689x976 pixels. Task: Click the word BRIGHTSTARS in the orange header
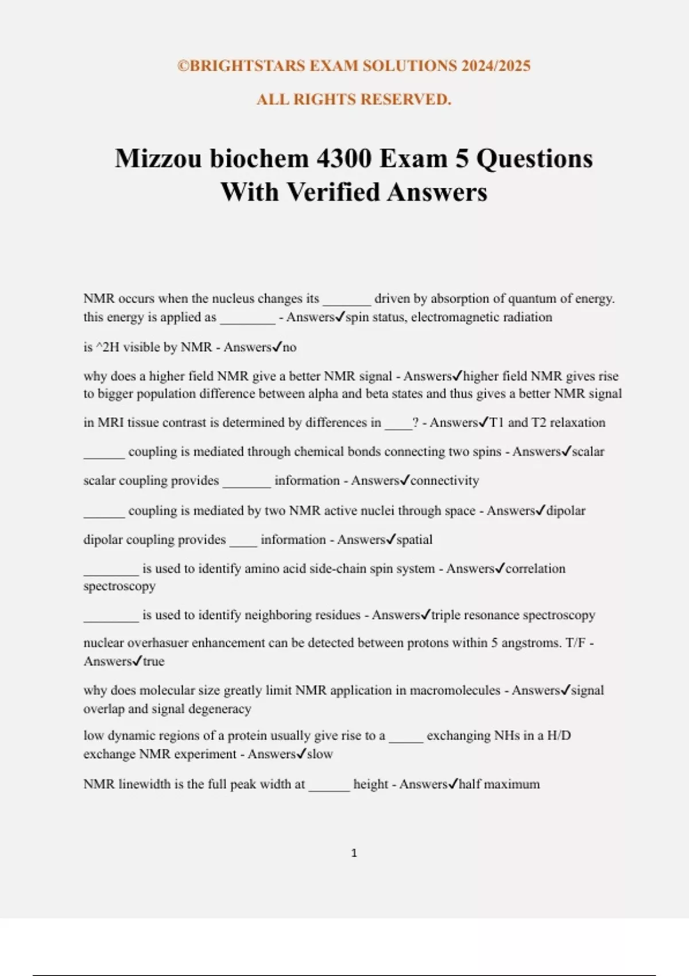click(x=247, y=66)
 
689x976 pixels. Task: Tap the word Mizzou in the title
click(x=158, y=159)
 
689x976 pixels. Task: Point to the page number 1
click(x=354, y=853)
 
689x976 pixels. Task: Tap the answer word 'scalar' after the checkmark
click(x=589, y=452)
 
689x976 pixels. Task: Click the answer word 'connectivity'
click(x=444, y=481)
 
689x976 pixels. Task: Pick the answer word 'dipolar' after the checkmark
click(x=566, y=510)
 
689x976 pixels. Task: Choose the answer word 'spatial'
click(x=415, y=540)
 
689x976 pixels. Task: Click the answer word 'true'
click(x=153, y=661)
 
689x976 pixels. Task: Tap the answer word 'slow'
click(x=320, y=754)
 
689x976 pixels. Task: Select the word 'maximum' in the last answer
click(x=514, y=784)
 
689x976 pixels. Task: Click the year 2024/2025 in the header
click(x=495, y=66)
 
